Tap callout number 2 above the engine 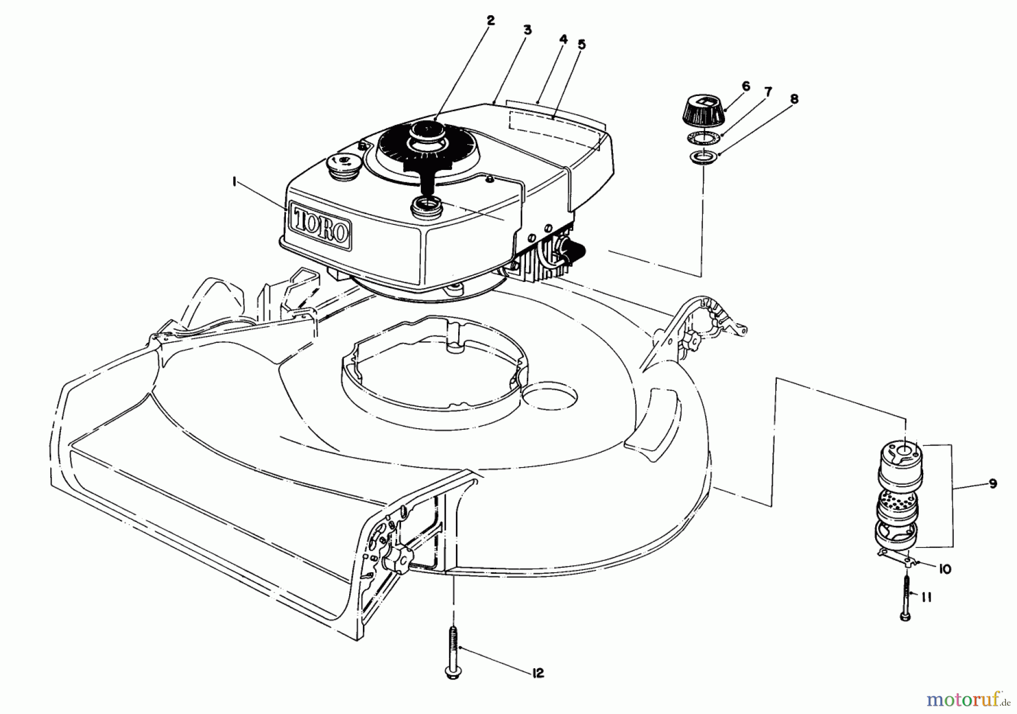point(490,20)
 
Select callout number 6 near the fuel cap point(746,86)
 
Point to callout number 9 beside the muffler point(993,484)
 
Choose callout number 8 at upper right point(794,99)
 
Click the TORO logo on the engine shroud point(320,225)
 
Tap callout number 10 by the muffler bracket point(944,569)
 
